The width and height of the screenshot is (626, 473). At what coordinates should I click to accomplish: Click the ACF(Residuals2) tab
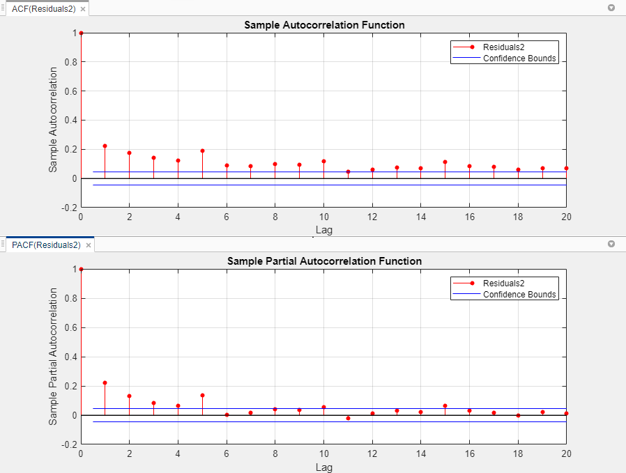(x=43, y=9)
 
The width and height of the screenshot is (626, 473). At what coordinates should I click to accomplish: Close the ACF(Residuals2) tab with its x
(x=83, y=9)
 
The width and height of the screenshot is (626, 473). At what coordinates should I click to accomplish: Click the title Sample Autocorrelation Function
(x=324, y=25)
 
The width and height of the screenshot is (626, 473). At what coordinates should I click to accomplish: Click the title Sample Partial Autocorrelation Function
(x=324, y=261)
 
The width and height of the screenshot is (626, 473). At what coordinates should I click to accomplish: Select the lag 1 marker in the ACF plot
(x=105, y=146)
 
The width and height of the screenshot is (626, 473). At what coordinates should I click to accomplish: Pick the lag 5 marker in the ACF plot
(x=202, y=150)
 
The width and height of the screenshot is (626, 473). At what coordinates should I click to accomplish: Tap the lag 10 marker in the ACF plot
(x=323, y=161)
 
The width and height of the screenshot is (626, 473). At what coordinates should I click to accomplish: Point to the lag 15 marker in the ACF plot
(x=445, y=162)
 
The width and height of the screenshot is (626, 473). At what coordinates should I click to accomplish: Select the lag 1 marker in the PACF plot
(x=105, y=382)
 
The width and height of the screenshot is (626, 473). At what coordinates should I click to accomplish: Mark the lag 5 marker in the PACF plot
(x=202, y=395)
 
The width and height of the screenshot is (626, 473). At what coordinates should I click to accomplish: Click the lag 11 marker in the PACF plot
(x=348, y=418)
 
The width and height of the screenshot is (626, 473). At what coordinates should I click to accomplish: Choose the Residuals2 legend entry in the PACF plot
(x=503, y=283)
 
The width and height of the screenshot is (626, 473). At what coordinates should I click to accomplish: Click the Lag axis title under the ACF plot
(x=324, y=230)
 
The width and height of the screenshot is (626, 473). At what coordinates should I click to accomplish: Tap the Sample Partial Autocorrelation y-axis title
(x=54, y=357)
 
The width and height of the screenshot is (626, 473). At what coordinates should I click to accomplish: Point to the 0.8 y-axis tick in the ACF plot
(x=70, y=62)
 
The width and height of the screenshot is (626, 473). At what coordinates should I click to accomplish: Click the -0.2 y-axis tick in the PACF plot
(x=68, y=444)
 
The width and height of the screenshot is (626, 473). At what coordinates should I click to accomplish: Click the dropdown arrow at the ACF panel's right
(x=611, y=8)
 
